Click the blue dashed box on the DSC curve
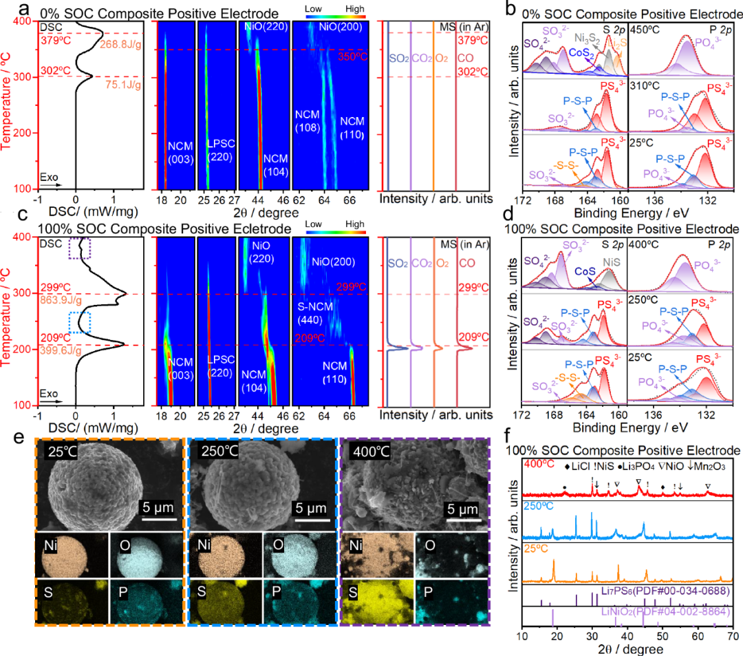80,321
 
